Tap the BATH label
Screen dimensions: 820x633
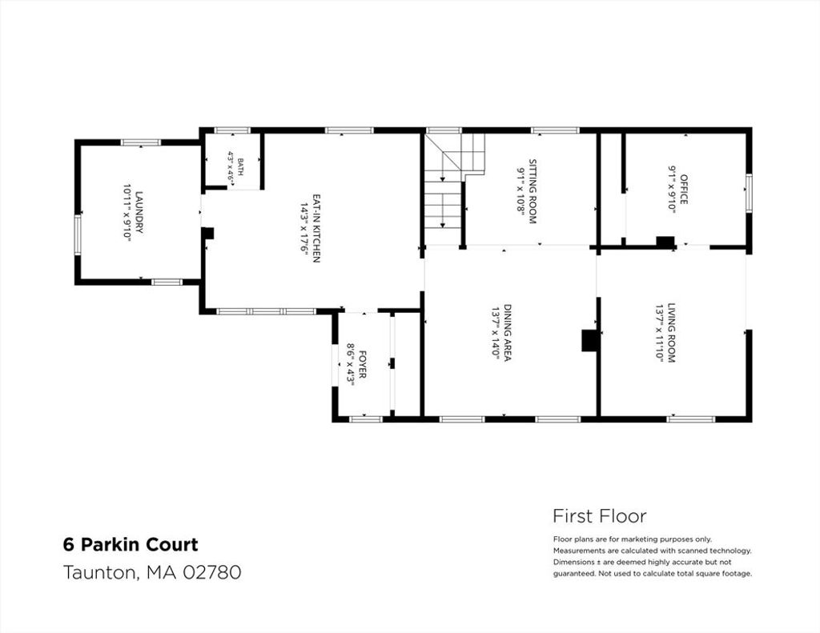(x=240, y=166)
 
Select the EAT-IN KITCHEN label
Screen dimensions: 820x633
(x=316, y=228)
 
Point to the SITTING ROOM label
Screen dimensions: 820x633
(x=533, y=191)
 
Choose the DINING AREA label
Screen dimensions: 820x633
(x=507, y=332)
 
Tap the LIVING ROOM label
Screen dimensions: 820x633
(x=672, y=333)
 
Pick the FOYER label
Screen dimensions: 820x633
(x=362, y=365)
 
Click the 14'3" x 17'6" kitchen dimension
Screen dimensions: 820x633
(x=303, y=228)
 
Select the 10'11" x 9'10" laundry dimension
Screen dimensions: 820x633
(x=127, y=212)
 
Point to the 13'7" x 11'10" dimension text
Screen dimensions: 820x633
(x=659, y=333)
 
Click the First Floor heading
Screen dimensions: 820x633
(x=599, y=516)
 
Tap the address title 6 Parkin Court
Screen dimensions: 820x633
(x=131, y=545)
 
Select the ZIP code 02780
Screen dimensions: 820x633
(x=211, y=572)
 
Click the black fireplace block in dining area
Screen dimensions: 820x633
(x=590, y=340)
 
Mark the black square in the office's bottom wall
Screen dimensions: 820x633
(x=665, y=242)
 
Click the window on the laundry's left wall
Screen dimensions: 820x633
(x=78, y=234)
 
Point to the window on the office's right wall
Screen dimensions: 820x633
(x=749, y=193)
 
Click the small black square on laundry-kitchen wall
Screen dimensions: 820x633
(x=207, y=233)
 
